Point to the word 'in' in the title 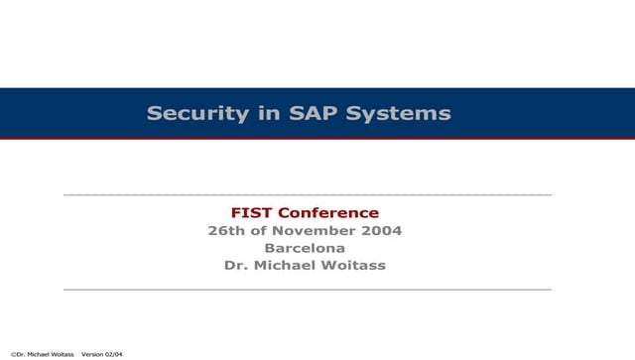click(x=268, y=114)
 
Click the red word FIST click(x=251, y=212)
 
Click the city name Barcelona click(x=305, y=248)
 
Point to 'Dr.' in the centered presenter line click(x=237, y=266)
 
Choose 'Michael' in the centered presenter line click(x=288, y=266)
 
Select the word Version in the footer click(x=93, y=353)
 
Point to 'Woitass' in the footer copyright click(x=61, y=353)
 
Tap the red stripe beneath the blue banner click(x=317, y=139)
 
